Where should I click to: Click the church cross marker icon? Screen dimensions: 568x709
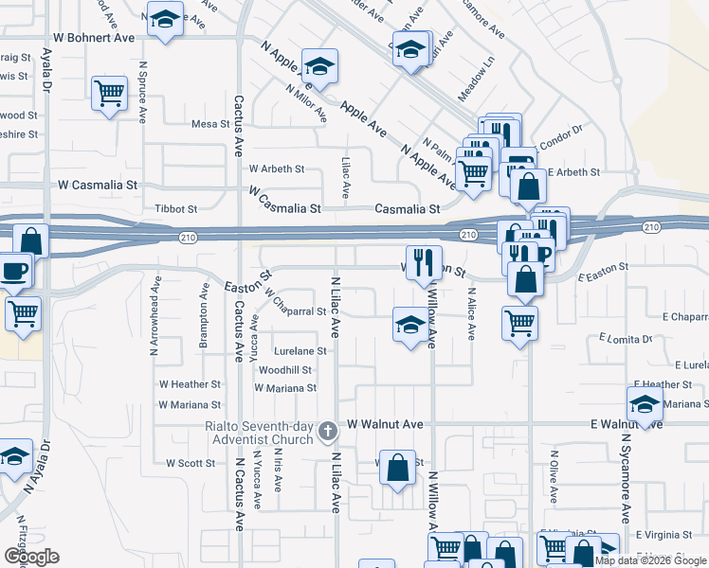pos(328,433)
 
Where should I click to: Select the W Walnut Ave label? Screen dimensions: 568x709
pos(385,425)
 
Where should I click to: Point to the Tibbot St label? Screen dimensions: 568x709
pos(175,208)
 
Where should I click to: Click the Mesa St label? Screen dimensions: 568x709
pos(205,124)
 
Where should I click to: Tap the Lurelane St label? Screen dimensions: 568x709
pos(300,351)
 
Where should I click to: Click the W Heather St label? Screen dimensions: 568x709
pos(190,385)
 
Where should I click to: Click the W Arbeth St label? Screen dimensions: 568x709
pos(277,169)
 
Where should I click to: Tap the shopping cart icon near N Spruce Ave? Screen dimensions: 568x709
pos(110,94)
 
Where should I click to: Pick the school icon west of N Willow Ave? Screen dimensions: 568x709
pos(409,326)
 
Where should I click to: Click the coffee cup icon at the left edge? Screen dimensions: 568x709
pos(15,270)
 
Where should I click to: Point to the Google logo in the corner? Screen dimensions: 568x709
pos(31,557)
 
